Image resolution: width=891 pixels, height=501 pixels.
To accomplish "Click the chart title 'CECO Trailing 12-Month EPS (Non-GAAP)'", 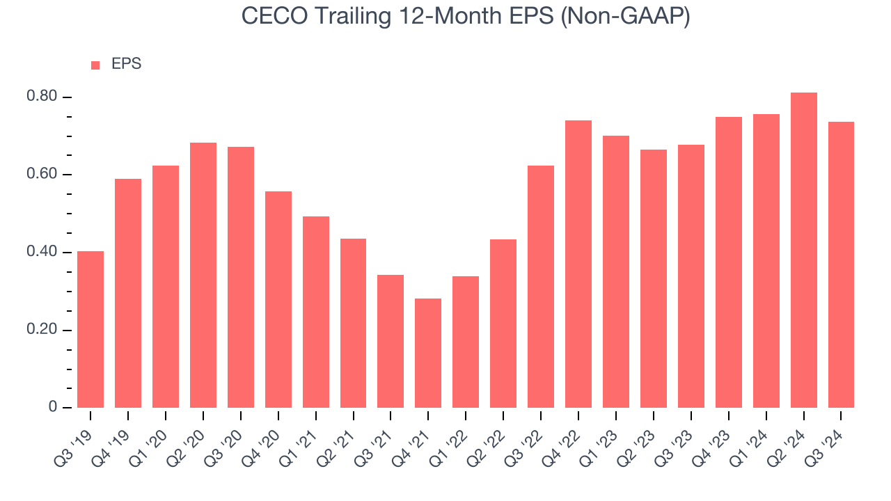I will coord(466,17).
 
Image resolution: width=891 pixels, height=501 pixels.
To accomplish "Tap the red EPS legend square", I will coord(95,65).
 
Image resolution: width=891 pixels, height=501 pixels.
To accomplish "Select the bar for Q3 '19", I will coord(90,329).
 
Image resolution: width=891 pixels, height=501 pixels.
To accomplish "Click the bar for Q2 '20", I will coord(203,275).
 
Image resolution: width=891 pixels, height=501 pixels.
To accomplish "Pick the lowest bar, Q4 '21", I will coord(428,353).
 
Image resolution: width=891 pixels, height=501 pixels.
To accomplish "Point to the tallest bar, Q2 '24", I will coord(803,250).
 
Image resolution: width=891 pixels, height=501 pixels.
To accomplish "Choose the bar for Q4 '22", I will coord(578,264).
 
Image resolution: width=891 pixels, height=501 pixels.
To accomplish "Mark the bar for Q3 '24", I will coord(841,264).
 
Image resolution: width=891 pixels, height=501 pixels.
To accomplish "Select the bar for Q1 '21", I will coord(315,312).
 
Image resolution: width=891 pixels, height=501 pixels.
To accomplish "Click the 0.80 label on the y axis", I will coord(42,97).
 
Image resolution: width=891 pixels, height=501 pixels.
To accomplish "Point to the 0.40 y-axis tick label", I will coord(42,252).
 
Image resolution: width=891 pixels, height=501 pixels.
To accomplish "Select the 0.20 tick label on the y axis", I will coord(42,330).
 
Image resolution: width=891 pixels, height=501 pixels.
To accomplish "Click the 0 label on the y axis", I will coord(54,408).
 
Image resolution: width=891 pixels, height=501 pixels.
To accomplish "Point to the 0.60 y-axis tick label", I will coord(42,175).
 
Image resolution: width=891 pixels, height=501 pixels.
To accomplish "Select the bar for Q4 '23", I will coord(728,262).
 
